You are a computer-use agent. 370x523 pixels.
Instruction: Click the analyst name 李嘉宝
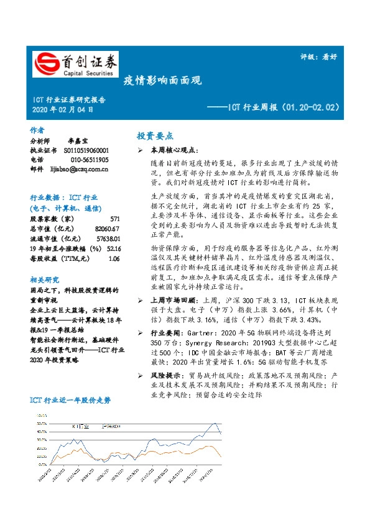77,141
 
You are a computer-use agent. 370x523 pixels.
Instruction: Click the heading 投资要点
155,135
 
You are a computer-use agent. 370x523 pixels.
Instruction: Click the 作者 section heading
37,130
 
